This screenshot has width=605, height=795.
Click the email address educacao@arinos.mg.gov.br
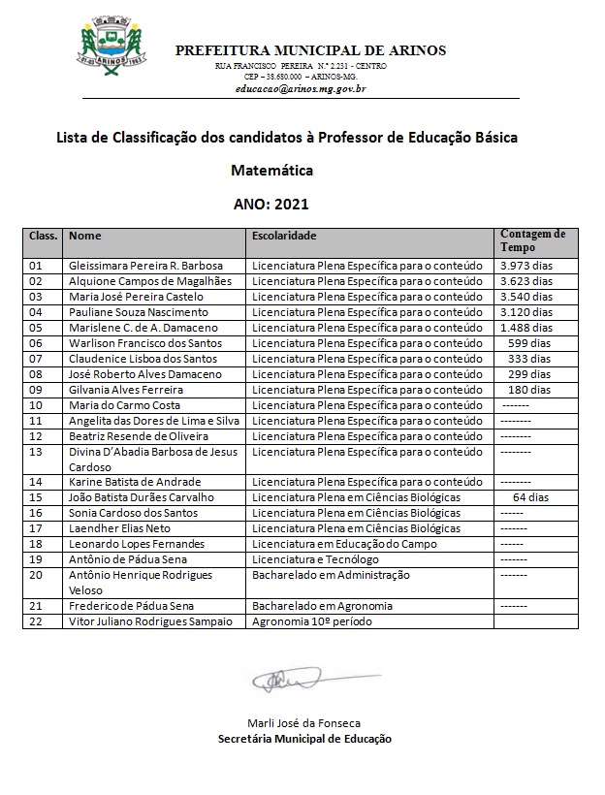(300, 88)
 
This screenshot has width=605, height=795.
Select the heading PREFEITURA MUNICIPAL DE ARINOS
(310, 50)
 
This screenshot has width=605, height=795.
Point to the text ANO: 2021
(271, 205)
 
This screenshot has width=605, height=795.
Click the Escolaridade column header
(284, 236)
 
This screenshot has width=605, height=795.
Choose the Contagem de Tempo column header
(532, 239)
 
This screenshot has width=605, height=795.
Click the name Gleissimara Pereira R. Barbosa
(145, 266)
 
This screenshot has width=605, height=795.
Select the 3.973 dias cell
(525, 266)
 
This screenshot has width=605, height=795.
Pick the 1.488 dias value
(525, 328)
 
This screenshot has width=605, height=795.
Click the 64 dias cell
(530, 497)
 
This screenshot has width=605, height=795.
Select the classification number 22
(37, 621)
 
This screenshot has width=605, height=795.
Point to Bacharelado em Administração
(331, 575)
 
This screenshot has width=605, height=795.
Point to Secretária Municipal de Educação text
(304, 739)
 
